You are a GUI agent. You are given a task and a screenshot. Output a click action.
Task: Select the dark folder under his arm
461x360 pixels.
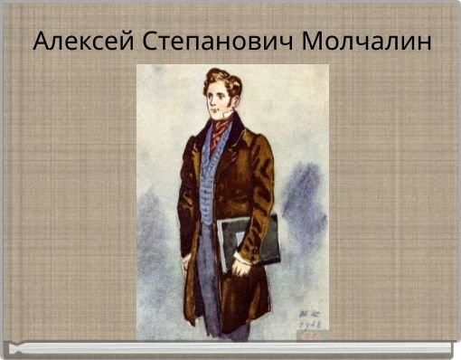click(249, 242)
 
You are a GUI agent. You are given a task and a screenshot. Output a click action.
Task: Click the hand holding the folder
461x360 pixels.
click(241, 266)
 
